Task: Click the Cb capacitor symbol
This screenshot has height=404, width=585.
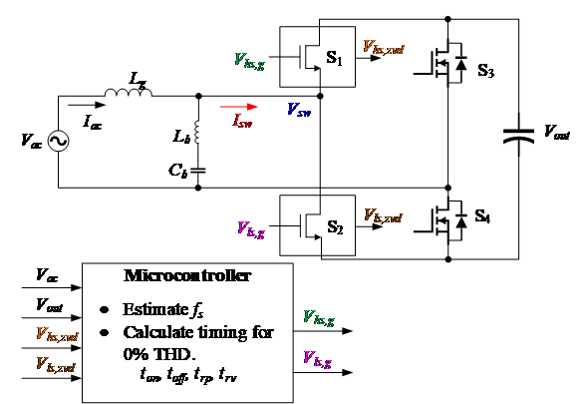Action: pyautogui.click(x=197, y=170)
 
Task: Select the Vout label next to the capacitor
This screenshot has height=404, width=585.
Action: pyautogui.click(x=556, y=131)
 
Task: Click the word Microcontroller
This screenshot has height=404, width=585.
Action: pyautogui.click(x=186, y=274)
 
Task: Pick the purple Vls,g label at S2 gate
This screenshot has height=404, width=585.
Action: pyautogui.click(x=248, y=231)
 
